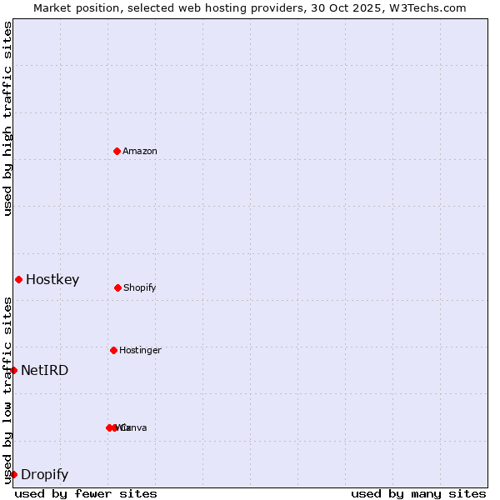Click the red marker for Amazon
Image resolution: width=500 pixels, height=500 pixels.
117,151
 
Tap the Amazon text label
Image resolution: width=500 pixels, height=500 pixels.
140,152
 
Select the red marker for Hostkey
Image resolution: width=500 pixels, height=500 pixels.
18,279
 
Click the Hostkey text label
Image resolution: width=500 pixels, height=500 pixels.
52,280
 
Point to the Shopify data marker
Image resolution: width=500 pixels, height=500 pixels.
117,287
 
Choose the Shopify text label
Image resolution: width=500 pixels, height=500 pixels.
140,288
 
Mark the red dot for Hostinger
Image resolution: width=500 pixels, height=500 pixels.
113,350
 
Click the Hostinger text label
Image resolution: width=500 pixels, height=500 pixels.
140,351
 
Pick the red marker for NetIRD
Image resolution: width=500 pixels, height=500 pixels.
13,370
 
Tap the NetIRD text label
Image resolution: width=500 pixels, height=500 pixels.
45,371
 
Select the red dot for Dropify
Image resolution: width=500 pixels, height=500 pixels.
13,474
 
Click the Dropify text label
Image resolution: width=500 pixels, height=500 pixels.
45,475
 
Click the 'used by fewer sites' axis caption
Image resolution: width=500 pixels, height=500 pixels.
86,493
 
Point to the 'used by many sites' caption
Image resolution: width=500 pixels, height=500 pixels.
418,493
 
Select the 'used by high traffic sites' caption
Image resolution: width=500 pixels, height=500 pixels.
7,118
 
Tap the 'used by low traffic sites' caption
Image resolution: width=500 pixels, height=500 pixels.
7,390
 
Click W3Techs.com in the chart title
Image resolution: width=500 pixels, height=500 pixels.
424,7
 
